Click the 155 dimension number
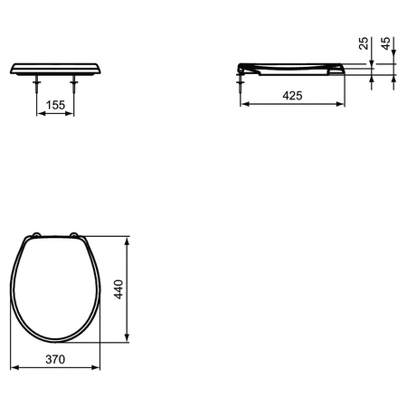(x=55, y=105)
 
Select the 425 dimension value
(x=290, y=94)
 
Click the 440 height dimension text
(x=118, y=289)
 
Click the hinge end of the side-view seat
(x=241, y=67)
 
